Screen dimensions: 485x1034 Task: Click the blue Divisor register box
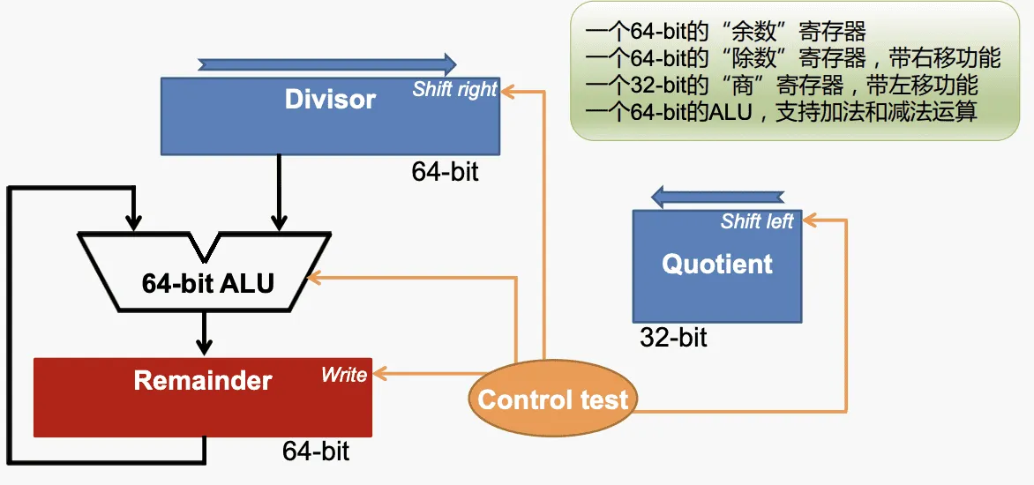click(330, 116)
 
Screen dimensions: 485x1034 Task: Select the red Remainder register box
click(202, 397)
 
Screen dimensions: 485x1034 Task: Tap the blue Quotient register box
click(716, 265)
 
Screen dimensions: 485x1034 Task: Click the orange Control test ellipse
click(552, 399)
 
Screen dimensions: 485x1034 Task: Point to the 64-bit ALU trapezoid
click(207, 282)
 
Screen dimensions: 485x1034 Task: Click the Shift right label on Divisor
click(454, 89)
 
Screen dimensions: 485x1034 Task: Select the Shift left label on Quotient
click(757, 221)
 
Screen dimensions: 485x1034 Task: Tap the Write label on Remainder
click(344, 375)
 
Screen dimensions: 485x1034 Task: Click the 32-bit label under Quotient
click(673, 337)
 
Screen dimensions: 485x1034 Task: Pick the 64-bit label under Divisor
click(445, 171)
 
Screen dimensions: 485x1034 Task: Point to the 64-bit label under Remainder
click(316, 451)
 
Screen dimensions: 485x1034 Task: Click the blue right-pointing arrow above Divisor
click(327, 63)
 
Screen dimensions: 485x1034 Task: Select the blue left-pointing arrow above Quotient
click(716, 196)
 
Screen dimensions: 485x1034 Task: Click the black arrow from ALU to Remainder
click(205, 334)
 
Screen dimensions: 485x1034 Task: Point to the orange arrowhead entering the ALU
click(314, 279)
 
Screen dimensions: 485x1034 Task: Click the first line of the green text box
click(725, 33)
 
